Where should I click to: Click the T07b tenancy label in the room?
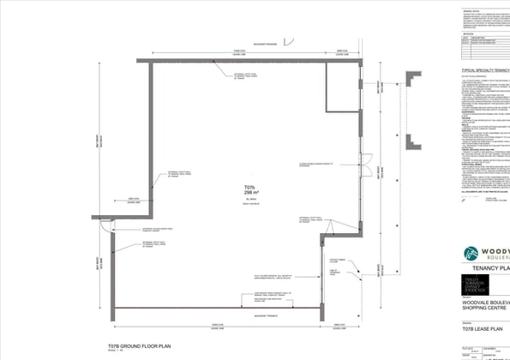click(249, 187)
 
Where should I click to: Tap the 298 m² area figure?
click(249, 193)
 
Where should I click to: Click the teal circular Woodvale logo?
click(471, 254)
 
